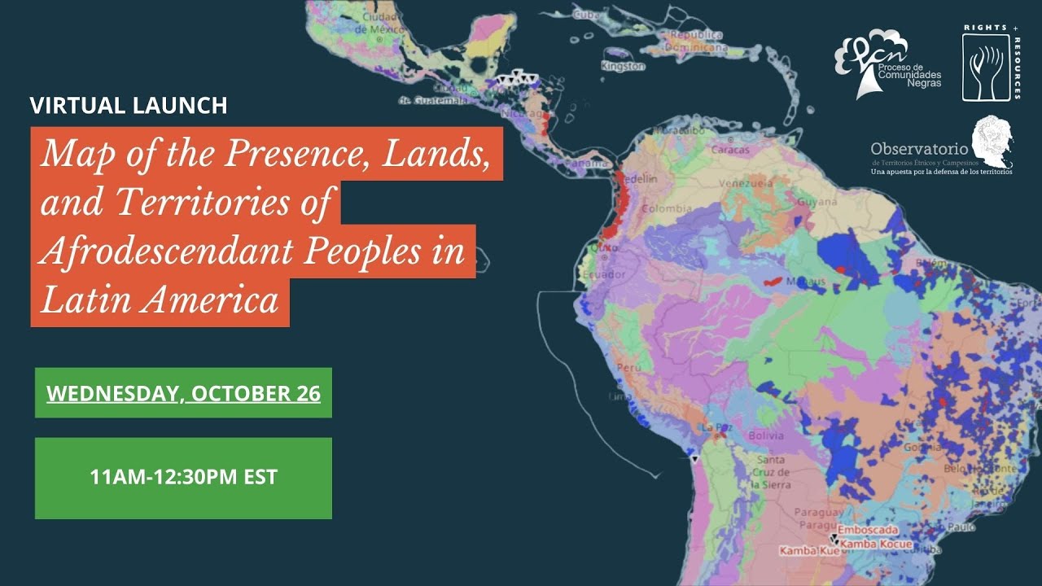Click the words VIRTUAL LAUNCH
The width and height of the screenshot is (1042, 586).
tap(129, 106)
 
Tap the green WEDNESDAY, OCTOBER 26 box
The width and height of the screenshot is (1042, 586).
tap(183, 393)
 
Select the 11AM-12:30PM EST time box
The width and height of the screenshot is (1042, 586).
tap(183, 477)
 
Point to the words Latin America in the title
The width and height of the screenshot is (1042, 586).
tap(160, 301)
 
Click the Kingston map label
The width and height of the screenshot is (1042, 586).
tap(624, 66)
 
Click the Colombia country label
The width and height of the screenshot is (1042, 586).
tap(667, 209)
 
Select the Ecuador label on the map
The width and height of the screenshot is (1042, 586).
tap(604, 275)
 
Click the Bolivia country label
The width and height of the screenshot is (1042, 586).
tap(766, 436)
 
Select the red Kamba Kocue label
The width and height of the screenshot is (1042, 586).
tap(876, 544)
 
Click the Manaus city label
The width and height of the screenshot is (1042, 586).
tap(805, 282)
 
